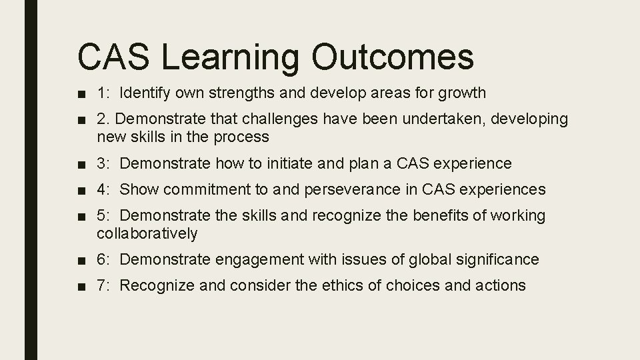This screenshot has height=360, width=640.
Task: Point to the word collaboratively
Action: coord(147,233)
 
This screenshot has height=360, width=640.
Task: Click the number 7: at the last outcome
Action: coord(104,285)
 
